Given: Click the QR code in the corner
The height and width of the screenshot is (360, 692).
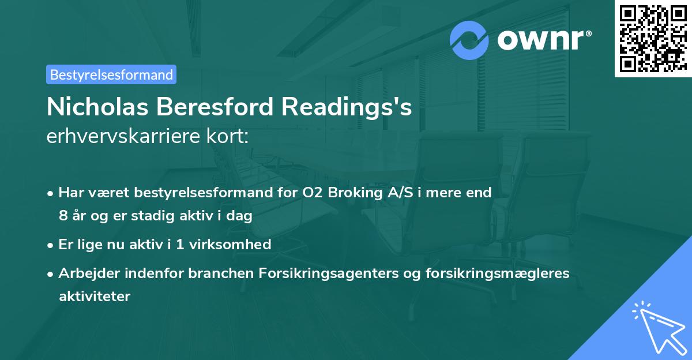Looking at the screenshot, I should (653, 39).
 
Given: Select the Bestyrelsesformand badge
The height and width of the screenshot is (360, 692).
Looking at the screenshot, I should (111, 74).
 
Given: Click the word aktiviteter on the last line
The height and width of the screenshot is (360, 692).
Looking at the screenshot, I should (95, 297).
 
